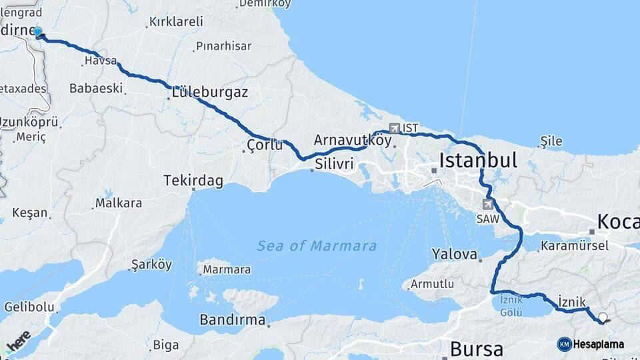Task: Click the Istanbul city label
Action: click(x=478, y=160)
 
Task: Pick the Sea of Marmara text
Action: click(x=317, y=246)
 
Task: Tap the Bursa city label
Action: click(x=484, y=348)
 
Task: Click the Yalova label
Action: click(x=455, y=254)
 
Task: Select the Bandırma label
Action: click(x=233, y=320)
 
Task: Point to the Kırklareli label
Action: click(x=176, y=22)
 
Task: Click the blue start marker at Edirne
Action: click(x=38, y=32)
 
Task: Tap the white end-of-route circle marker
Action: click(x=603, y=318)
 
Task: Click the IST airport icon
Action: click(x=395, y=127)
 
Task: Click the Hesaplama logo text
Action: click(x=598, y=344)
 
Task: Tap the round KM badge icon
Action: click(x=564, y=344)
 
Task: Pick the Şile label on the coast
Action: click(x=552, y=141)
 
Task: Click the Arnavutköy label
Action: click(x=352, y=140)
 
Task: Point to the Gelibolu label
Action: click(x=29, y=307)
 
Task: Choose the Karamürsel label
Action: click(x=575, y=245)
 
